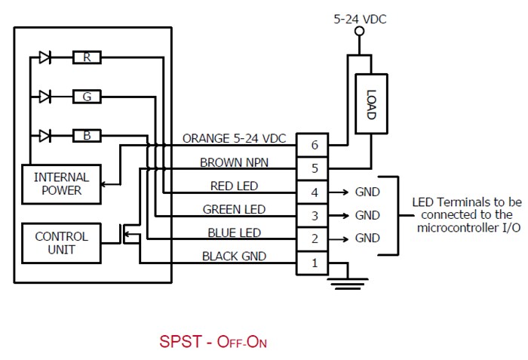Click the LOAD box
(x=370, y=103)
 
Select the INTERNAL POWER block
(x=61, y=183)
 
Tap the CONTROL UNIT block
(x=61, y=243)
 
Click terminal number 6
(x=313, y=144)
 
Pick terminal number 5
(x=313, y=168)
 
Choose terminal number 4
(x=313, y=192)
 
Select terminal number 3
(x=313, y=216)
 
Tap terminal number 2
(x=313, y=238)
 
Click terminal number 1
(x=313, y=262)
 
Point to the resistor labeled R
(x=87, y=57)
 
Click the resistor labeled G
(x=87, y=97)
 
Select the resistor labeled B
(x=87, y=136)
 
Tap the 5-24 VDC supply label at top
(x=360, y=19)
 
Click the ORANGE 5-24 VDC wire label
(x=235, y=140)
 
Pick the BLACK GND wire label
(x=234, y=257)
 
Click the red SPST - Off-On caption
(x=213, y=341)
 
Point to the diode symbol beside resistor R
(x=45, y=57)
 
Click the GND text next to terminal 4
(x=367, y=192)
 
